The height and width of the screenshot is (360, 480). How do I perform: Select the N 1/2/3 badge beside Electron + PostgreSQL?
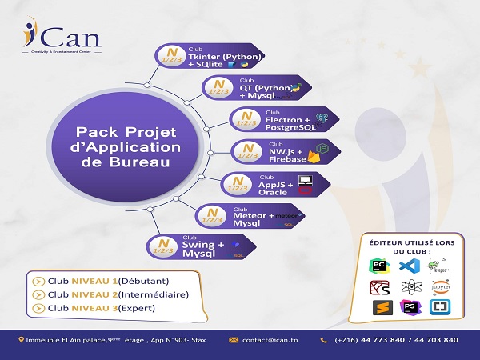point(244,119)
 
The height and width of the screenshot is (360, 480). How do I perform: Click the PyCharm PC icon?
point(379,266)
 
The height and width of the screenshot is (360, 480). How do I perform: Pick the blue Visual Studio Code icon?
point(408,266)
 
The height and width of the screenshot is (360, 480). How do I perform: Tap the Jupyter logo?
point(439,286)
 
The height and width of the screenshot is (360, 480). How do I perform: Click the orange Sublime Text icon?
point(379,307)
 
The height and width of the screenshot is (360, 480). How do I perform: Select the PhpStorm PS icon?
point(409,307)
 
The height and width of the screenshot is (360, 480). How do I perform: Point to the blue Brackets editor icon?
point(439,307)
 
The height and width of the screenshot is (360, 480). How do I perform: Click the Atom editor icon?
point(409,286)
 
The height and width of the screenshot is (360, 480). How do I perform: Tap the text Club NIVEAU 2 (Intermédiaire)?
point(118,294)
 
